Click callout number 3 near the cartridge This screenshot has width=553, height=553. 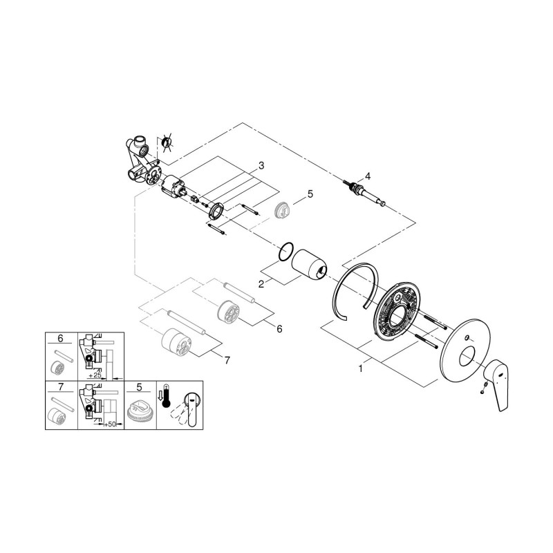click(x=261, y=165)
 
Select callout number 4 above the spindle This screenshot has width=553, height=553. click(x=368, y=176)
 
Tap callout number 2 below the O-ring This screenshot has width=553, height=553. click(x=261, y=283)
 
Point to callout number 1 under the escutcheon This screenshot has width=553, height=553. click(x=360, y=368)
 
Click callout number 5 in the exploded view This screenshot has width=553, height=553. click(x=310, y=194)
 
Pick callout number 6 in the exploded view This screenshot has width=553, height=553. click(x=279, y=329)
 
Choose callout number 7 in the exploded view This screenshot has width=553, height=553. click(x=227, y=360)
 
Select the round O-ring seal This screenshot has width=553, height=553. click(x=285, y=252)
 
